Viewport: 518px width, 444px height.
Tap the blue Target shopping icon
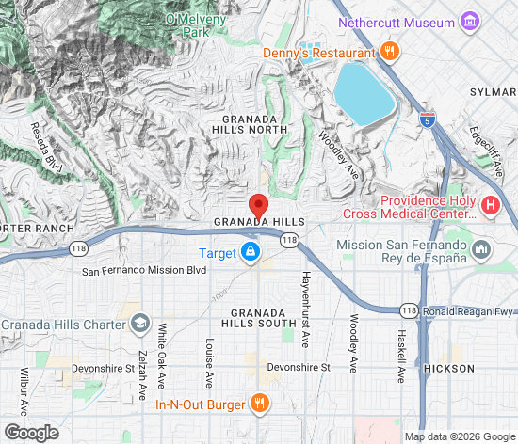tap(251, 253)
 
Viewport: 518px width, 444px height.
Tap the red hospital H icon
tap(490, 205)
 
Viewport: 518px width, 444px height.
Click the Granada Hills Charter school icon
tap(140, 325)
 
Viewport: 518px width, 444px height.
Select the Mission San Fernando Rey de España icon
tap(482, 249)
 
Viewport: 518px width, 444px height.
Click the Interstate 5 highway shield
tap(428, 119)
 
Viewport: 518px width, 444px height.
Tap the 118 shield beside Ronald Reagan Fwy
tap(408, 309)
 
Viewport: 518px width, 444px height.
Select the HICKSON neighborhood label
tap(449, 369)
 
